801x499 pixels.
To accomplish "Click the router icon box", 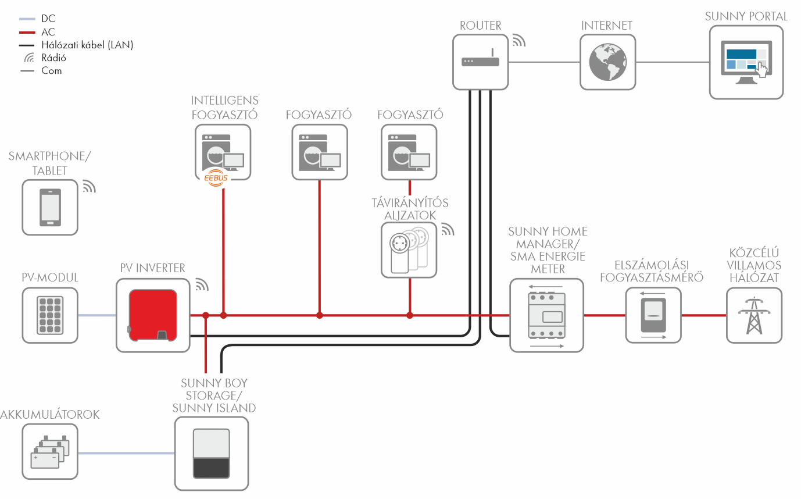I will [x=481, y=62].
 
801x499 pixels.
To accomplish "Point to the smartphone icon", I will [x=49, y=207].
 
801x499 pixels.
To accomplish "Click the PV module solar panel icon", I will [x=49, y=315].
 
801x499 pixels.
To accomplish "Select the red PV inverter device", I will [x=153, y=314].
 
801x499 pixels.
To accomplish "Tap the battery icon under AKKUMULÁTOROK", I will [x=49, y=452].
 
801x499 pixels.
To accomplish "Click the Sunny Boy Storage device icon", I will [x=211, y=453].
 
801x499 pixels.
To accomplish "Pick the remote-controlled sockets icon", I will [x=409, y=249].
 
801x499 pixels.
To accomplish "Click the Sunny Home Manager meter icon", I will [x=546, y=315].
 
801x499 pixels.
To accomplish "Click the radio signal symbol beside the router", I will [x=518, y=40].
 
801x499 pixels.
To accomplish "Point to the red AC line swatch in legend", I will [x=27, y=32].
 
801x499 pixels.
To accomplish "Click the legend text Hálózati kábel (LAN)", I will [x=87, y=45].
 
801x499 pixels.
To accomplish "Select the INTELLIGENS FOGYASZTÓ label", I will [x=224, y=108].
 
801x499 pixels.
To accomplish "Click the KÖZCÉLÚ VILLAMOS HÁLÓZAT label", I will [x=754, y=266].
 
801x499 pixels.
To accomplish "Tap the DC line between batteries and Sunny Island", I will [x=126, y=452].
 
